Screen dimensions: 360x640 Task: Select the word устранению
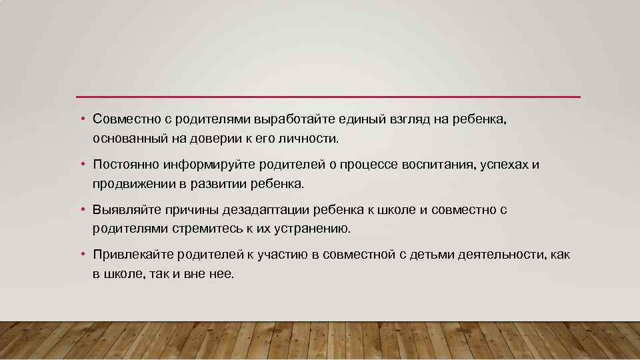coord(309,229)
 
